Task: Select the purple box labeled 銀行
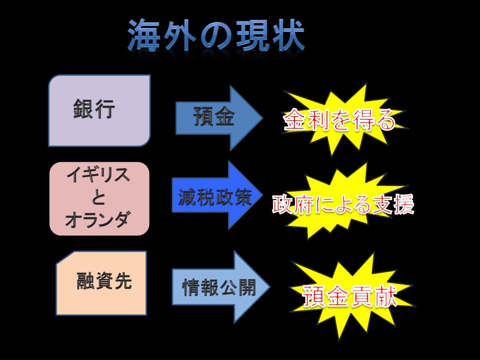99,111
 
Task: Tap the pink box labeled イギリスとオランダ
99,198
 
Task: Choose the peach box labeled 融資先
101,283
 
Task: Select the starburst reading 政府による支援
343,204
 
